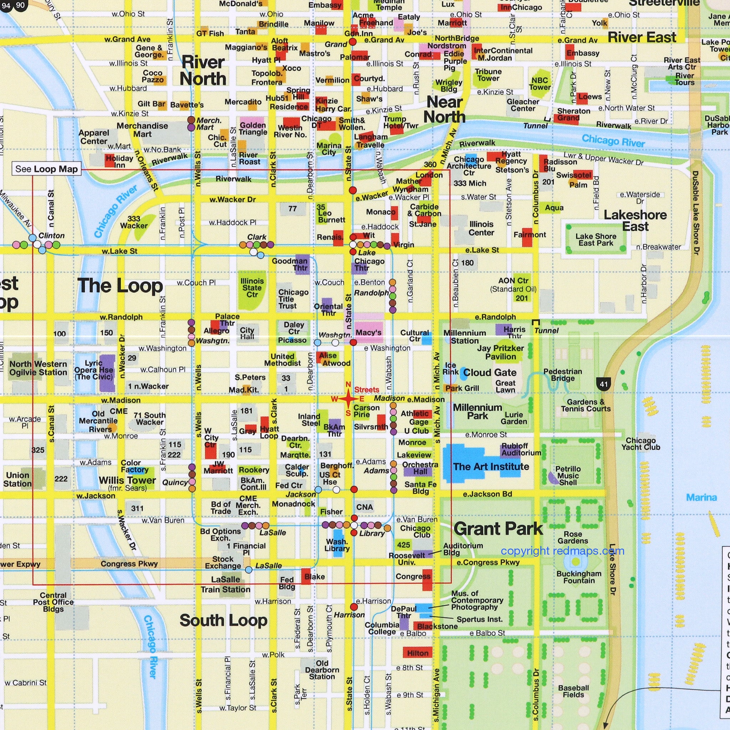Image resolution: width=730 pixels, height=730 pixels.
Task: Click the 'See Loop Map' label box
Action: (46, 169)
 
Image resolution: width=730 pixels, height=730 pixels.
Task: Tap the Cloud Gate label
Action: (490, 372)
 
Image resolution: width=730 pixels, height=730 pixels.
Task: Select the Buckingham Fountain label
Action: (579, 577)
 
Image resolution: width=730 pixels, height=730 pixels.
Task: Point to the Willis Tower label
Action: (127, 480)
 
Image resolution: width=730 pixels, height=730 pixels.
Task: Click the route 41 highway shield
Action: (603, 384)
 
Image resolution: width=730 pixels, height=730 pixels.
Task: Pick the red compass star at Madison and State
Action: (348, 399)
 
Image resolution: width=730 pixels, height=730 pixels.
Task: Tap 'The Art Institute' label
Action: (491, 466)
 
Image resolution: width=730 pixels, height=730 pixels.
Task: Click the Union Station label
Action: (17, 479)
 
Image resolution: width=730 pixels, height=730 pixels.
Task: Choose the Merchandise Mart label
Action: (142, 130)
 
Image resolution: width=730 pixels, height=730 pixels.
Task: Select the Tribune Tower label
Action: (488, 75)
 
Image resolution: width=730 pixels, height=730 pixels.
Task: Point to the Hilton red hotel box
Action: (418, 653)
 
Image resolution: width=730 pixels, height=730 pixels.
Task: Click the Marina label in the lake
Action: (701, 497)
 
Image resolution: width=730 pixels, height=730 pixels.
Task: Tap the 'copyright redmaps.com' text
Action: (562, 551)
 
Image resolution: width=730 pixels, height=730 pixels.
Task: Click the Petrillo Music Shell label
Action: (568, 475)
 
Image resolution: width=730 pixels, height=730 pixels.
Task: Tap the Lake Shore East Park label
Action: (596, 239)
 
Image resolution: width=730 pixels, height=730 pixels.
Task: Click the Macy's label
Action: (369, 333)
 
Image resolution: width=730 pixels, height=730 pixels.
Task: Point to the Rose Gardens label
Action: (573, 537)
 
